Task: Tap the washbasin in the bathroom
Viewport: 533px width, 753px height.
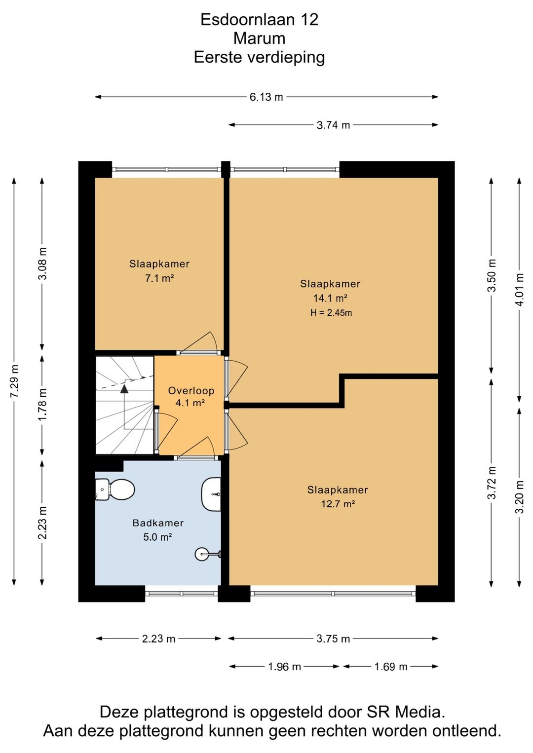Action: [x=211, y=494]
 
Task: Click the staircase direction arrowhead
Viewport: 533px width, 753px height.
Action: [x=124, y=389]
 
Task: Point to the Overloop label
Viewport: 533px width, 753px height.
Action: [x=191, y=391]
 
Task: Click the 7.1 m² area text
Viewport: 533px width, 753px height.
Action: [x=159, y=278]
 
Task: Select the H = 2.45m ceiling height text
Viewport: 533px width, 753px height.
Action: [x=331, y=313]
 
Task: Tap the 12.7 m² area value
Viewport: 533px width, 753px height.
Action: [x=338, y=504]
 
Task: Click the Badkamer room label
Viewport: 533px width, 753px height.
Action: [x=158, y=523]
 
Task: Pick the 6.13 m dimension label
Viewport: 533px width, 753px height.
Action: [x=266, y=97]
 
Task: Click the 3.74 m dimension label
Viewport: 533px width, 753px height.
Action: [x=333, y=125]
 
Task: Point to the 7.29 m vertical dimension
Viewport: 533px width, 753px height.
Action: [x=14, y=381]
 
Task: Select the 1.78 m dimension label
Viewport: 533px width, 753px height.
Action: [x=42, y=405]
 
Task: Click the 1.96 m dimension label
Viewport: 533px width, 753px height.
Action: [x=284, y=667]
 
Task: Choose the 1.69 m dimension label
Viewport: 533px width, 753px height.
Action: [x=391, y=667]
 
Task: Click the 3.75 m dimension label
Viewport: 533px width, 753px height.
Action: [x=333, y=639]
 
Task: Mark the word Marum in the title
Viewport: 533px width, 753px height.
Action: [x=259, y=38]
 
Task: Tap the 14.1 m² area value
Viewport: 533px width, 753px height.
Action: [x=330, y=298]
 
